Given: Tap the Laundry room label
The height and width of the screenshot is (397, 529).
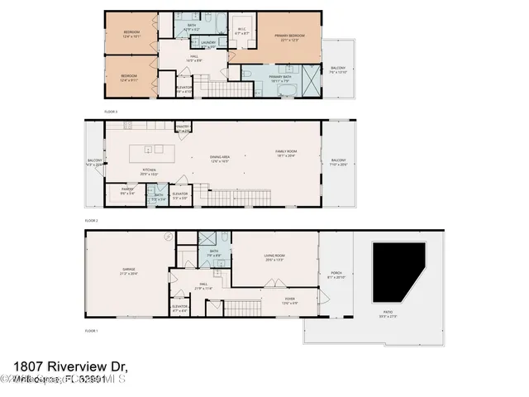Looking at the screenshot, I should [x=208, y=44].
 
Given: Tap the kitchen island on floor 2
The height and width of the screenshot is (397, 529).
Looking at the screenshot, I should [x=153, y=151].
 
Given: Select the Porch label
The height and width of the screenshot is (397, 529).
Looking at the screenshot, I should [x=335, y=275].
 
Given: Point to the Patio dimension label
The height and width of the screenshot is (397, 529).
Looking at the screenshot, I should [x=388, y=315].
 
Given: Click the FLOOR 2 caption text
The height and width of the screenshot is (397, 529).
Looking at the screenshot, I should [x=92, y=221].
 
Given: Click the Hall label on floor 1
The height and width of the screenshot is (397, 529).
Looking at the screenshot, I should [x=203, y=286].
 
